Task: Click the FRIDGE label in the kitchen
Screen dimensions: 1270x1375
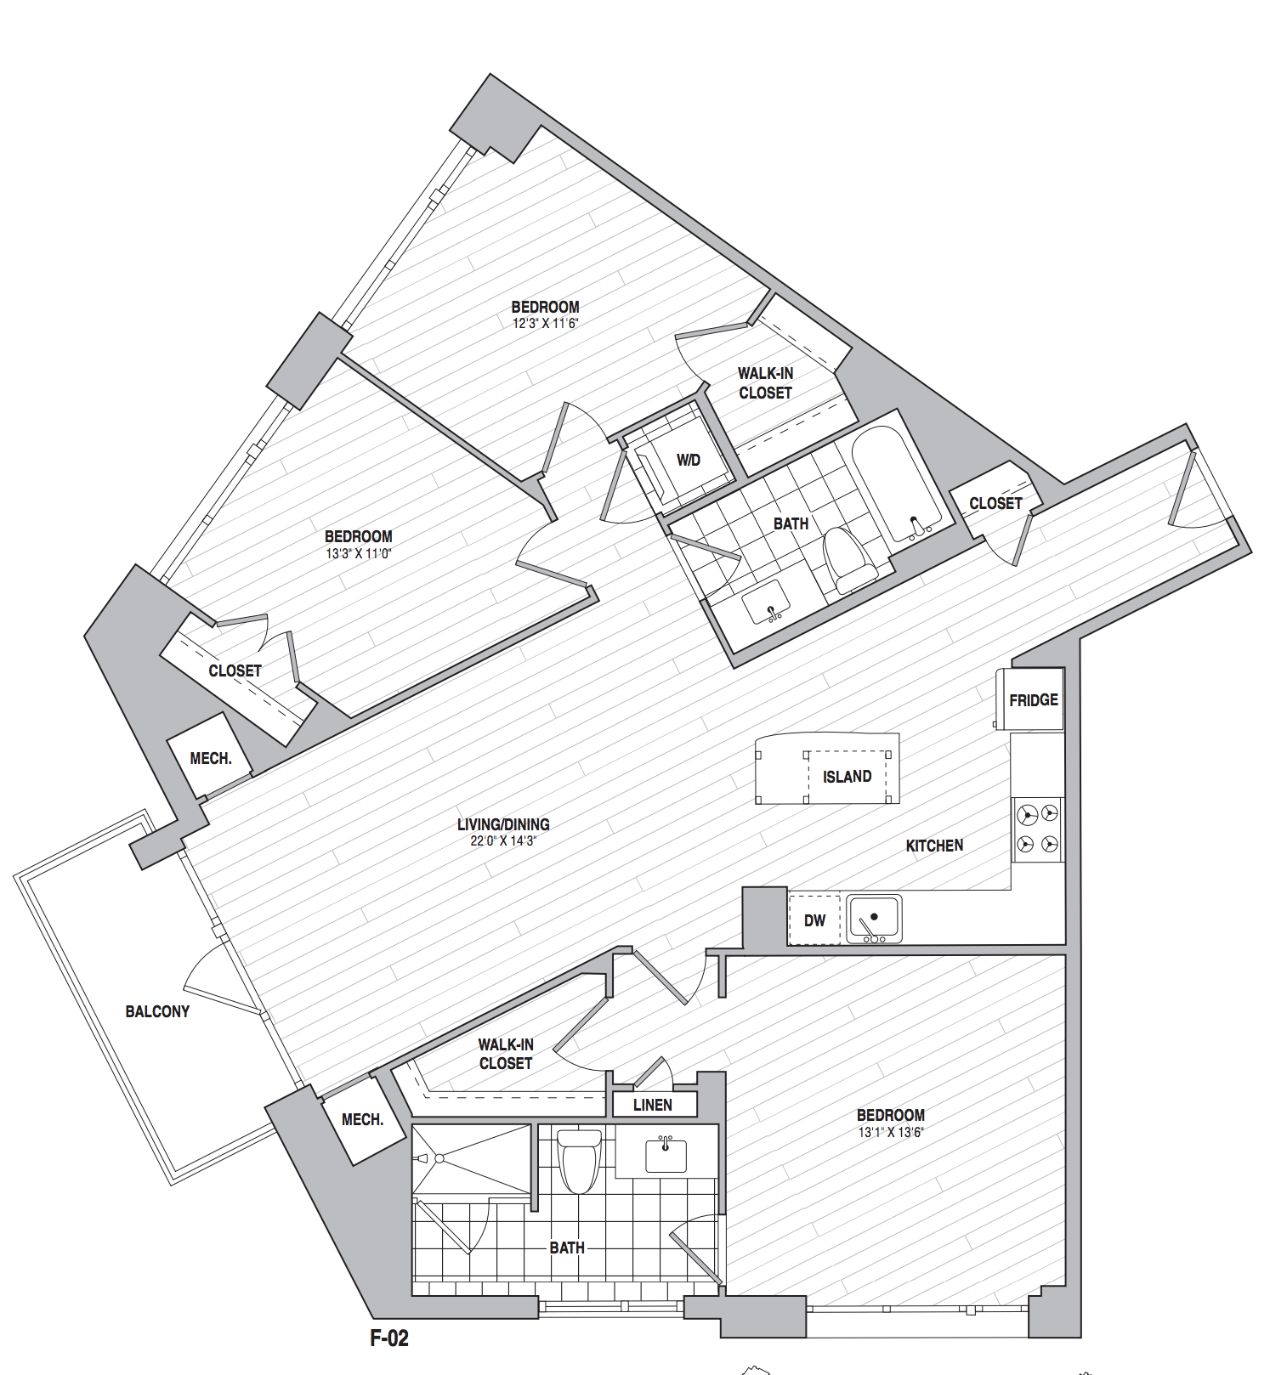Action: (1034, 700)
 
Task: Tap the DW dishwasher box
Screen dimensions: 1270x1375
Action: (814, 919)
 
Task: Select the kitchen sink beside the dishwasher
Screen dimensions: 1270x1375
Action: (874, 919)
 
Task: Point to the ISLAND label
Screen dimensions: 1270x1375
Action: (847, 777)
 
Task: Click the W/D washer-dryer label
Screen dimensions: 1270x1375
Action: (689, 461)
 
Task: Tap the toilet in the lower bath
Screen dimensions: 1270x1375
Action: (579, 1160)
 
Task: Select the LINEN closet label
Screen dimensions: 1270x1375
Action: (653, 1105)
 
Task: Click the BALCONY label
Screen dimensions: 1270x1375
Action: (157, 1011)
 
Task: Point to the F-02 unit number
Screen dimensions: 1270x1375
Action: (389, 1338)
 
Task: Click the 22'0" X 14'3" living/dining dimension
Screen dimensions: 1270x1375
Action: (503, 841)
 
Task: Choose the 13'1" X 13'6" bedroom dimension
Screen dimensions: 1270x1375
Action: (891, 1132)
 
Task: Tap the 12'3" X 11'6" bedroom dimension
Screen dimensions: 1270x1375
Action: (545, 324)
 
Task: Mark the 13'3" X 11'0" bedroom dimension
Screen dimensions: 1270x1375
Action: (359, 553)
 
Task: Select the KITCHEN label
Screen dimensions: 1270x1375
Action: (934, 846)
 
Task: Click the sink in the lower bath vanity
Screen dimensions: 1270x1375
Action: (666, 1155)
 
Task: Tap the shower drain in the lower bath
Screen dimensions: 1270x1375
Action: (439, 1158)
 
